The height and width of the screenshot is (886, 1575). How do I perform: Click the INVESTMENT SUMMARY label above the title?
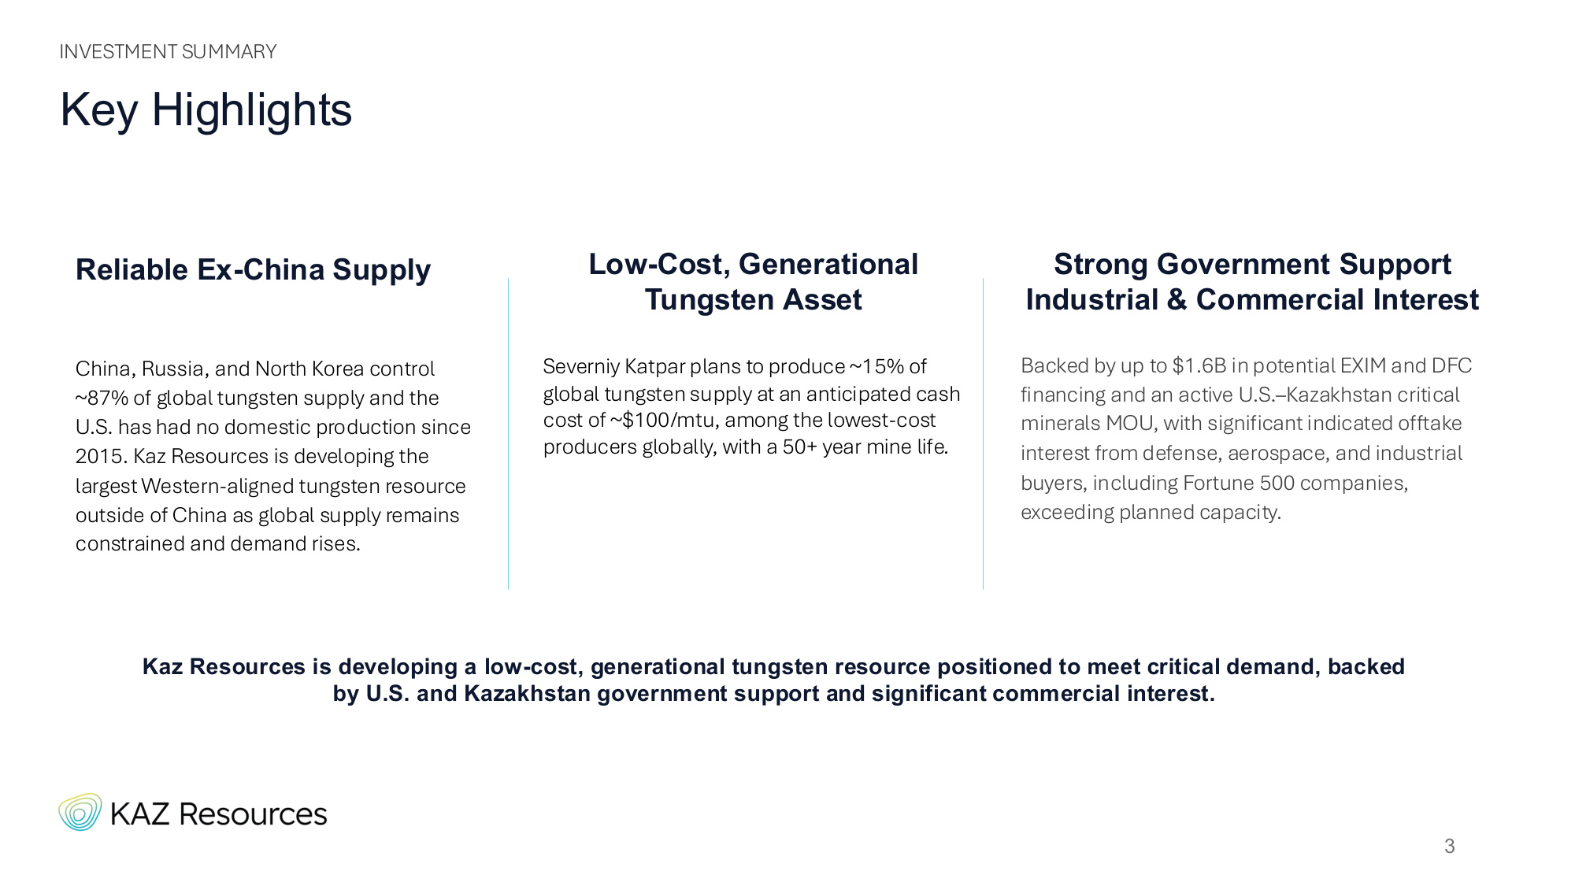click(168, 52)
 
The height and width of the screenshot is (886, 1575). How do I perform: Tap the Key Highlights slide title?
click(206, 109)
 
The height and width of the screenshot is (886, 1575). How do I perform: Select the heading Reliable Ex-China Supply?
click(253, 270)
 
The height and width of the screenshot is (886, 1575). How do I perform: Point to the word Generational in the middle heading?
click(828, 265)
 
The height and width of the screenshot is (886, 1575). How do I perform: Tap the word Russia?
click(175, 369)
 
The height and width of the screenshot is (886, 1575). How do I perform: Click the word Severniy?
click(581, 367)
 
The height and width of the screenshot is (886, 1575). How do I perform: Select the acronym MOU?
click(1129, 424)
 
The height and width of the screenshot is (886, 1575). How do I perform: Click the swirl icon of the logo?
click(80, 812)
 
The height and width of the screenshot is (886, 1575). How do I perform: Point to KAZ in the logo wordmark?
click(140, 814)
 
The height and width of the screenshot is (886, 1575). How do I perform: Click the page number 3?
click(1449, 847)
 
